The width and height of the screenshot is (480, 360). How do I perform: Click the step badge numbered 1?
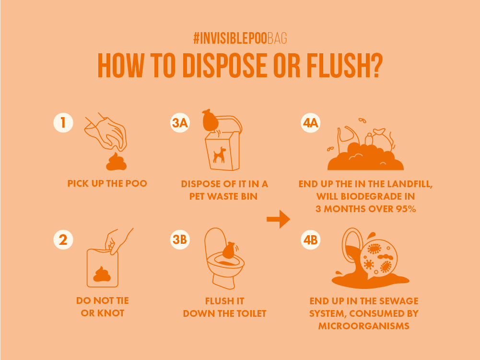coord(63,122)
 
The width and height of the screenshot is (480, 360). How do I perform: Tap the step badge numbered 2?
coord(63,240)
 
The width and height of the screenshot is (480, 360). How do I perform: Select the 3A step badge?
coord(180,122)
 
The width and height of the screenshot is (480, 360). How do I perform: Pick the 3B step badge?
coord(180,240)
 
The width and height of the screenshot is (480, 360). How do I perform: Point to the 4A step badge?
coord(310,122)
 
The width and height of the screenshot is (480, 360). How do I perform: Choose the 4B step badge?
coord(310,240)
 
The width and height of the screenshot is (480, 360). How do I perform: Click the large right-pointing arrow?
coord(278,219)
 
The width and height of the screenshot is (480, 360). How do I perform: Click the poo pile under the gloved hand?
coord(117,161)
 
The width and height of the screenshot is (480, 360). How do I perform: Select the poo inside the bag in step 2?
coord(102,274)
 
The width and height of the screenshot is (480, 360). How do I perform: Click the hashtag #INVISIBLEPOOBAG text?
coord(240,38)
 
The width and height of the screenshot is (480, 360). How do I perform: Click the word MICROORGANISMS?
coord(364,326)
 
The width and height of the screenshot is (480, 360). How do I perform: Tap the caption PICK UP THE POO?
coord(107,183)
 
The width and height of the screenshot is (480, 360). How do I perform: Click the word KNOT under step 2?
coord(111,313)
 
